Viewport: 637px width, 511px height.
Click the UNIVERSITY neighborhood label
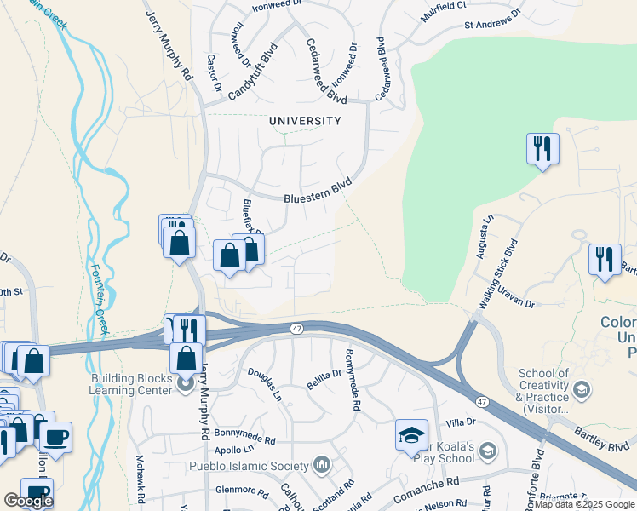pyautogui.click(x=305, y=121)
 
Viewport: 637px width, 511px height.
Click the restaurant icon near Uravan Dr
pyautogui.click(x=604, y=258)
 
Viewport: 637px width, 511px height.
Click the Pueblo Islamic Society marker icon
pyautogui.click(x=321, y=465)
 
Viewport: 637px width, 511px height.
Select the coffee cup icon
pyautogui.click(x=56, y=437)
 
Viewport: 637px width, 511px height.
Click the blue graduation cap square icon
pyautogui.click(x=411, y=435)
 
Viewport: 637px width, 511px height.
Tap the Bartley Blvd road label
pyautogui.click(x=606, y=443)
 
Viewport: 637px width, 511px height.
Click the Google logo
pyautogui.click(x=28, y=500)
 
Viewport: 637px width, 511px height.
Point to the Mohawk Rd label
pyautogui.click(x=141, y=477)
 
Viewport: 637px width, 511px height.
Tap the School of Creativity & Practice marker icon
pyautogui.click(x=582, y=389)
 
